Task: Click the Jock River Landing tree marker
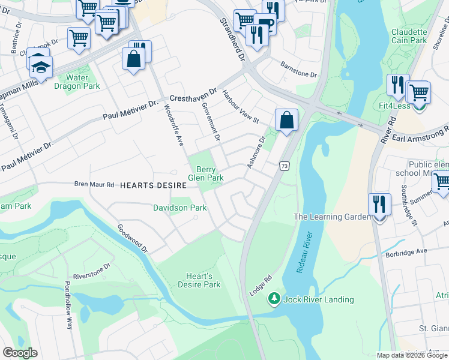274,298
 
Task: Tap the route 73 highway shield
285,166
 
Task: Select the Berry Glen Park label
206,174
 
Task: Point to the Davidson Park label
179,208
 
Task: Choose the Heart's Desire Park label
199,280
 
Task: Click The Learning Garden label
332,217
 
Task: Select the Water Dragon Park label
76,82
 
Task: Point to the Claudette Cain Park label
409,36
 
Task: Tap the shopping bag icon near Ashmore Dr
287,119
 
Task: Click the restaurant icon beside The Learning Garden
379,204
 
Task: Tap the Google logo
20,352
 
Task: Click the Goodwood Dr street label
133,238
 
